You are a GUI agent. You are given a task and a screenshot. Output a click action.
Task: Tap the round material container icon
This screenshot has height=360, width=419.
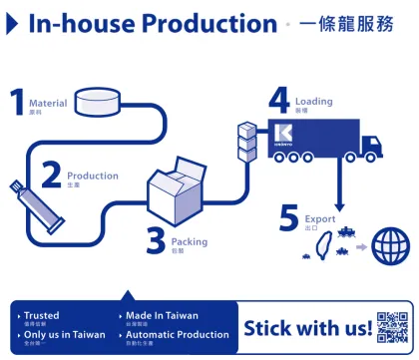102,100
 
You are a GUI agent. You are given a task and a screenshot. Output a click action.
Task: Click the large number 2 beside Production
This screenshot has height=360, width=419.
50,176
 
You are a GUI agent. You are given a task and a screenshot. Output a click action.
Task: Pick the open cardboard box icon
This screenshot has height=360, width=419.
177,195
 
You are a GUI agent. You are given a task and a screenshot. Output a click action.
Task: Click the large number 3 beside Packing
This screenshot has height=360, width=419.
156,240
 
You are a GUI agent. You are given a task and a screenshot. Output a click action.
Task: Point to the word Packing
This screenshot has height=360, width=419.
190,241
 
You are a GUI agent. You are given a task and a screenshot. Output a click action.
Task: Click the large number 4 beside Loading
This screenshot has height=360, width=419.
278,101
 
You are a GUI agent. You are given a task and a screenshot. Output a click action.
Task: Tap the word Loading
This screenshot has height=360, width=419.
312,101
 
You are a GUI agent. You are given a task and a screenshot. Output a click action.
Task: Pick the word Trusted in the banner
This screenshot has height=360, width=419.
41,316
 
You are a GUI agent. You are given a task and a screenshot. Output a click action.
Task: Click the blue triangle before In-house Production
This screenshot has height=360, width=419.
12,22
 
